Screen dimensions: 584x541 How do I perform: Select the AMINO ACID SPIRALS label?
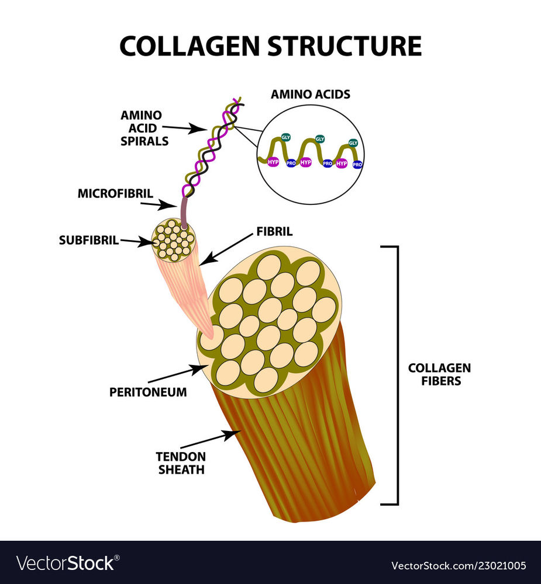point(140,127)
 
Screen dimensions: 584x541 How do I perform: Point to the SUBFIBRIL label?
point(89,239)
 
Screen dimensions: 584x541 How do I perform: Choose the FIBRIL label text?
point(274,232)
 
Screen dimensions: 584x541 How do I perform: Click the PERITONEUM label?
point(148,392)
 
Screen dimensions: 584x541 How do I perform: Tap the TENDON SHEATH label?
point(180,463)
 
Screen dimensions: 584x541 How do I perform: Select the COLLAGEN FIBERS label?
point(439,374)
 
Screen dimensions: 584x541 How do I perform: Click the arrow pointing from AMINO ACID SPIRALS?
point(185,128)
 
